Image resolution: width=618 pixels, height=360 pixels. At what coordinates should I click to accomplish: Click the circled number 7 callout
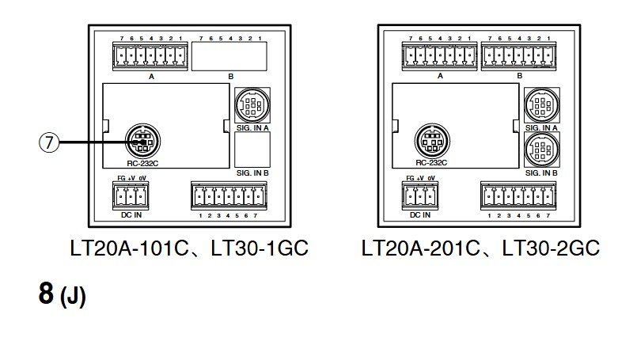coord(49,144)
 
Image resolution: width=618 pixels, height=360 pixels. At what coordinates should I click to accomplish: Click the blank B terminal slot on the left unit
coord(229,56)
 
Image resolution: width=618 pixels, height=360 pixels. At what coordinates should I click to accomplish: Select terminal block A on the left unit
coord(150,56)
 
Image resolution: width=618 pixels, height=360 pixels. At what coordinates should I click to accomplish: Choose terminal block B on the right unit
coord(518,56)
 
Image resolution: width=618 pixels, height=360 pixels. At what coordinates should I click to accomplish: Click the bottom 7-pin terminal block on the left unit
coord(229,196)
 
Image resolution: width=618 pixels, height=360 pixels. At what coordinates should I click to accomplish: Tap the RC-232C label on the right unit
coord(431,162)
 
